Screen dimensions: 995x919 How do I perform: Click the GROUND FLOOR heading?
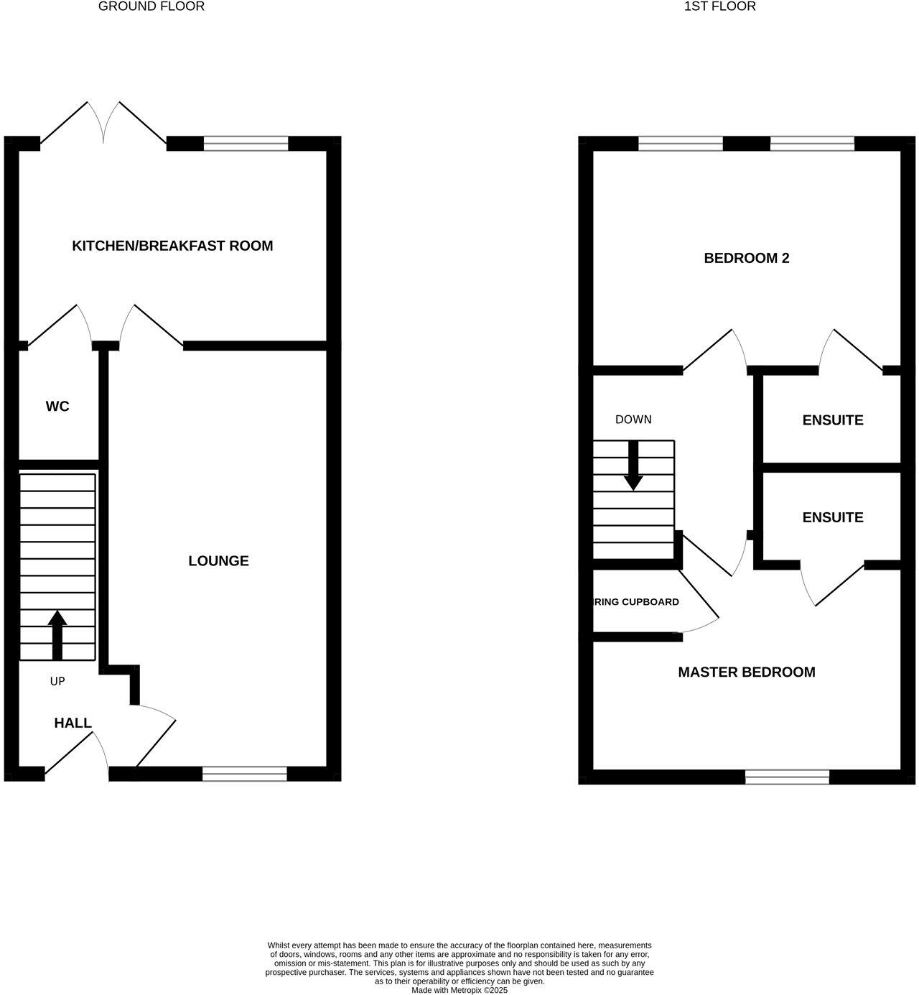click(151, 6)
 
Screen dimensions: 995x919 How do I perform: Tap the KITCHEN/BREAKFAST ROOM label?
click(172, 246)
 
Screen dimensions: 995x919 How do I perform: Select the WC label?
click(57, 407)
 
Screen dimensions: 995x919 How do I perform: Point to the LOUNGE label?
click(218, 561)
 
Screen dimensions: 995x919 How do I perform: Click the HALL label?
click(73, 723)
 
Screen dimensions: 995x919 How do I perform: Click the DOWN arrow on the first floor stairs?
click(633, 465)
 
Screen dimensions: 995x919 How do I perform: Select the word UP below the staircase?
click(57, 681)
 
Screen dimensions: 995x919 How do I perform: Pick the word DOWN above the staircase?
click(633, 420)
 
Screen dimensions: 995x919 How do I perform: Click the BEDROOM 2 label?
click(747, 258)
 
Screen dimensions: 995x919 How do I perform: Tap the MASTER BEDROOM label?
click(747, 672)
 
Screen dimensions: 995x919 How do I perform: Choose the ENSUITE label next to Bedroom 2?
click(833, 420)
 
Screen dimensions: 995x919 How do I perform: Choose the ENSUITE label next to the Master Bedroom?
click(833, 517)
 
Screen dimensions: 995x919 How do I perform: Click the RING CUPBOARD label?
click(636, 602)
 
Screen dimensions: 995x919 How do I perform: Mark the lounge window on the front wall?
click(245, 774)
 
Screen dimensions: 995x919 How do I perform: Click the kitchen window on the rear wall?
click(246, 144)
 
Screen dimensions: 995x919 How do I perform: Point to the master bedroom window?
click(787, 777)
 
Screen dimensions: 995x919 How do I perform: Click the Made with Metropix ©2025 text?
click(459, 990)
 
